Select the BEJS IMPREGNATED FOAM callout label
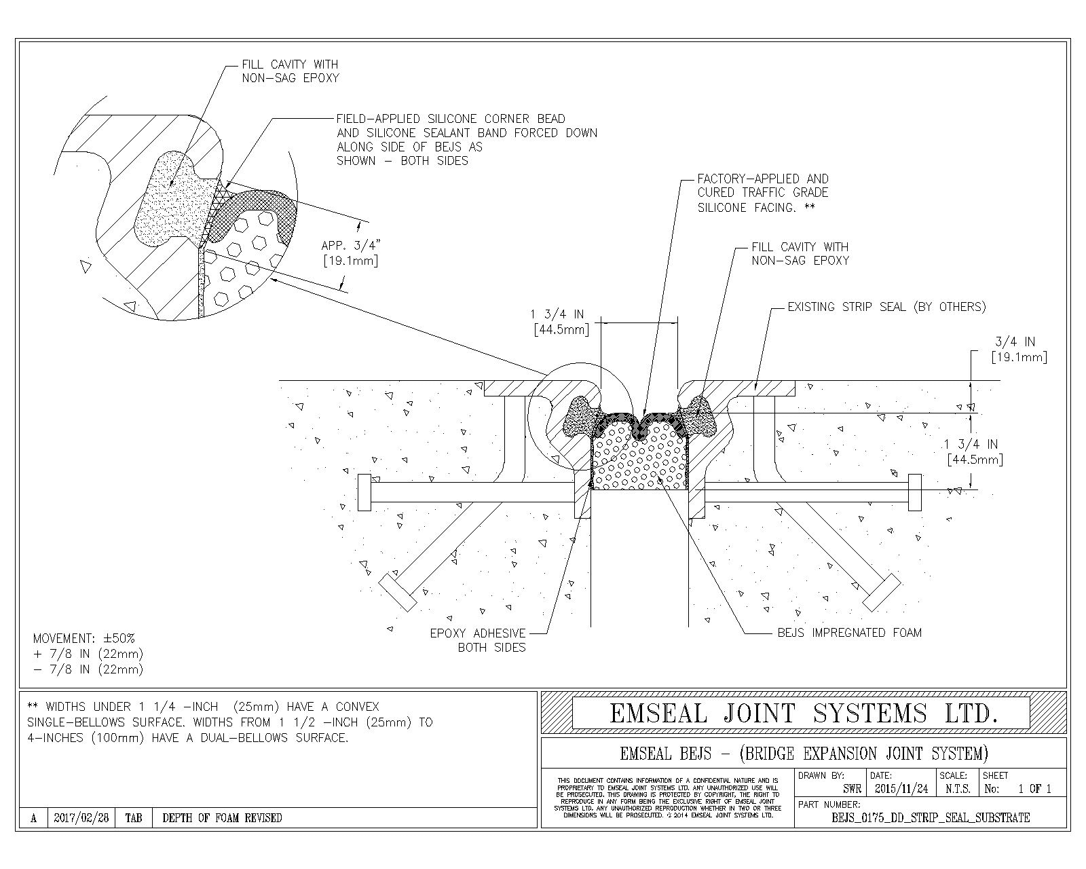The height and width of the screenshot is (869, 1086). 849,633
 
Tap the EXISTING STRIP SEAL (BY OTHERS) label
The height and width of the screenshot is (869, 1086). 886,307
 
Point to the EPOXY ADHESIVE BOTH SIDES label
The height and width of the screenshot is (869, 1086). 477,640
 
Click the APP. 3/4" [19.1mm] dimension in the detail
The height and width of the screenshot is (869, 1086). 350,253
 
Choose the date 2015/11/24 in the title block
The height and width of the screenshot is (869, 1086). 901,789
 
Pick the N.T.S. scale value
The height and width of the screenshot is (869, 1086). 957,789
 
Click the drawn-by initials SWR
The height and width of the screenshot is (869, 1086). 852,789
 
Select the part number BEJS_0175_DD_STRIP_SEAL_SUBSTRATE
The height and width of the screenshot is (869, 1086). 930,817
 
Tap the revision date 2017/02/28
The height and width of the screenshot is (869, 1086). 81,817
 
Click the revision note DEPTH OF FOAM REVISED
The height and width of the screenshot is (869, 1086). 222,817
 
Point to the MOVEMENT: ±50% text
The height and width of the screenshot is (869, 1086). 84,638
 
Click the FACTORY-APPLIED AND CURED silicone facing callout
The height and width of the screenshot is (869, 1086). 763,193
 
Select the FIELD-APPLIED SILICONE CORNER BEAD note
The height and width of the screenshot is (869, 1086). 466,139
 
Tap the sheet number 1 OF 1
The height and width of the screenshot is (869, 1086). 1034,789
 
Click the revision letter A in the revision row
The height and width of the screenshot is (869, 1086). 33,818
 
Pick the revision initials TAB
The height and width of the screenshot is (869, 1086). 134,817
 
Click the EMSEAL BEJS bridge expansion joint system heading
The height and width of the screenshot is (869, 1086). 804,754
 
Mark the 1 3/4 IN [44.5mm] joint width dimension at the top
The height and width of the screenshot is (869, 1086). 559,322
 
